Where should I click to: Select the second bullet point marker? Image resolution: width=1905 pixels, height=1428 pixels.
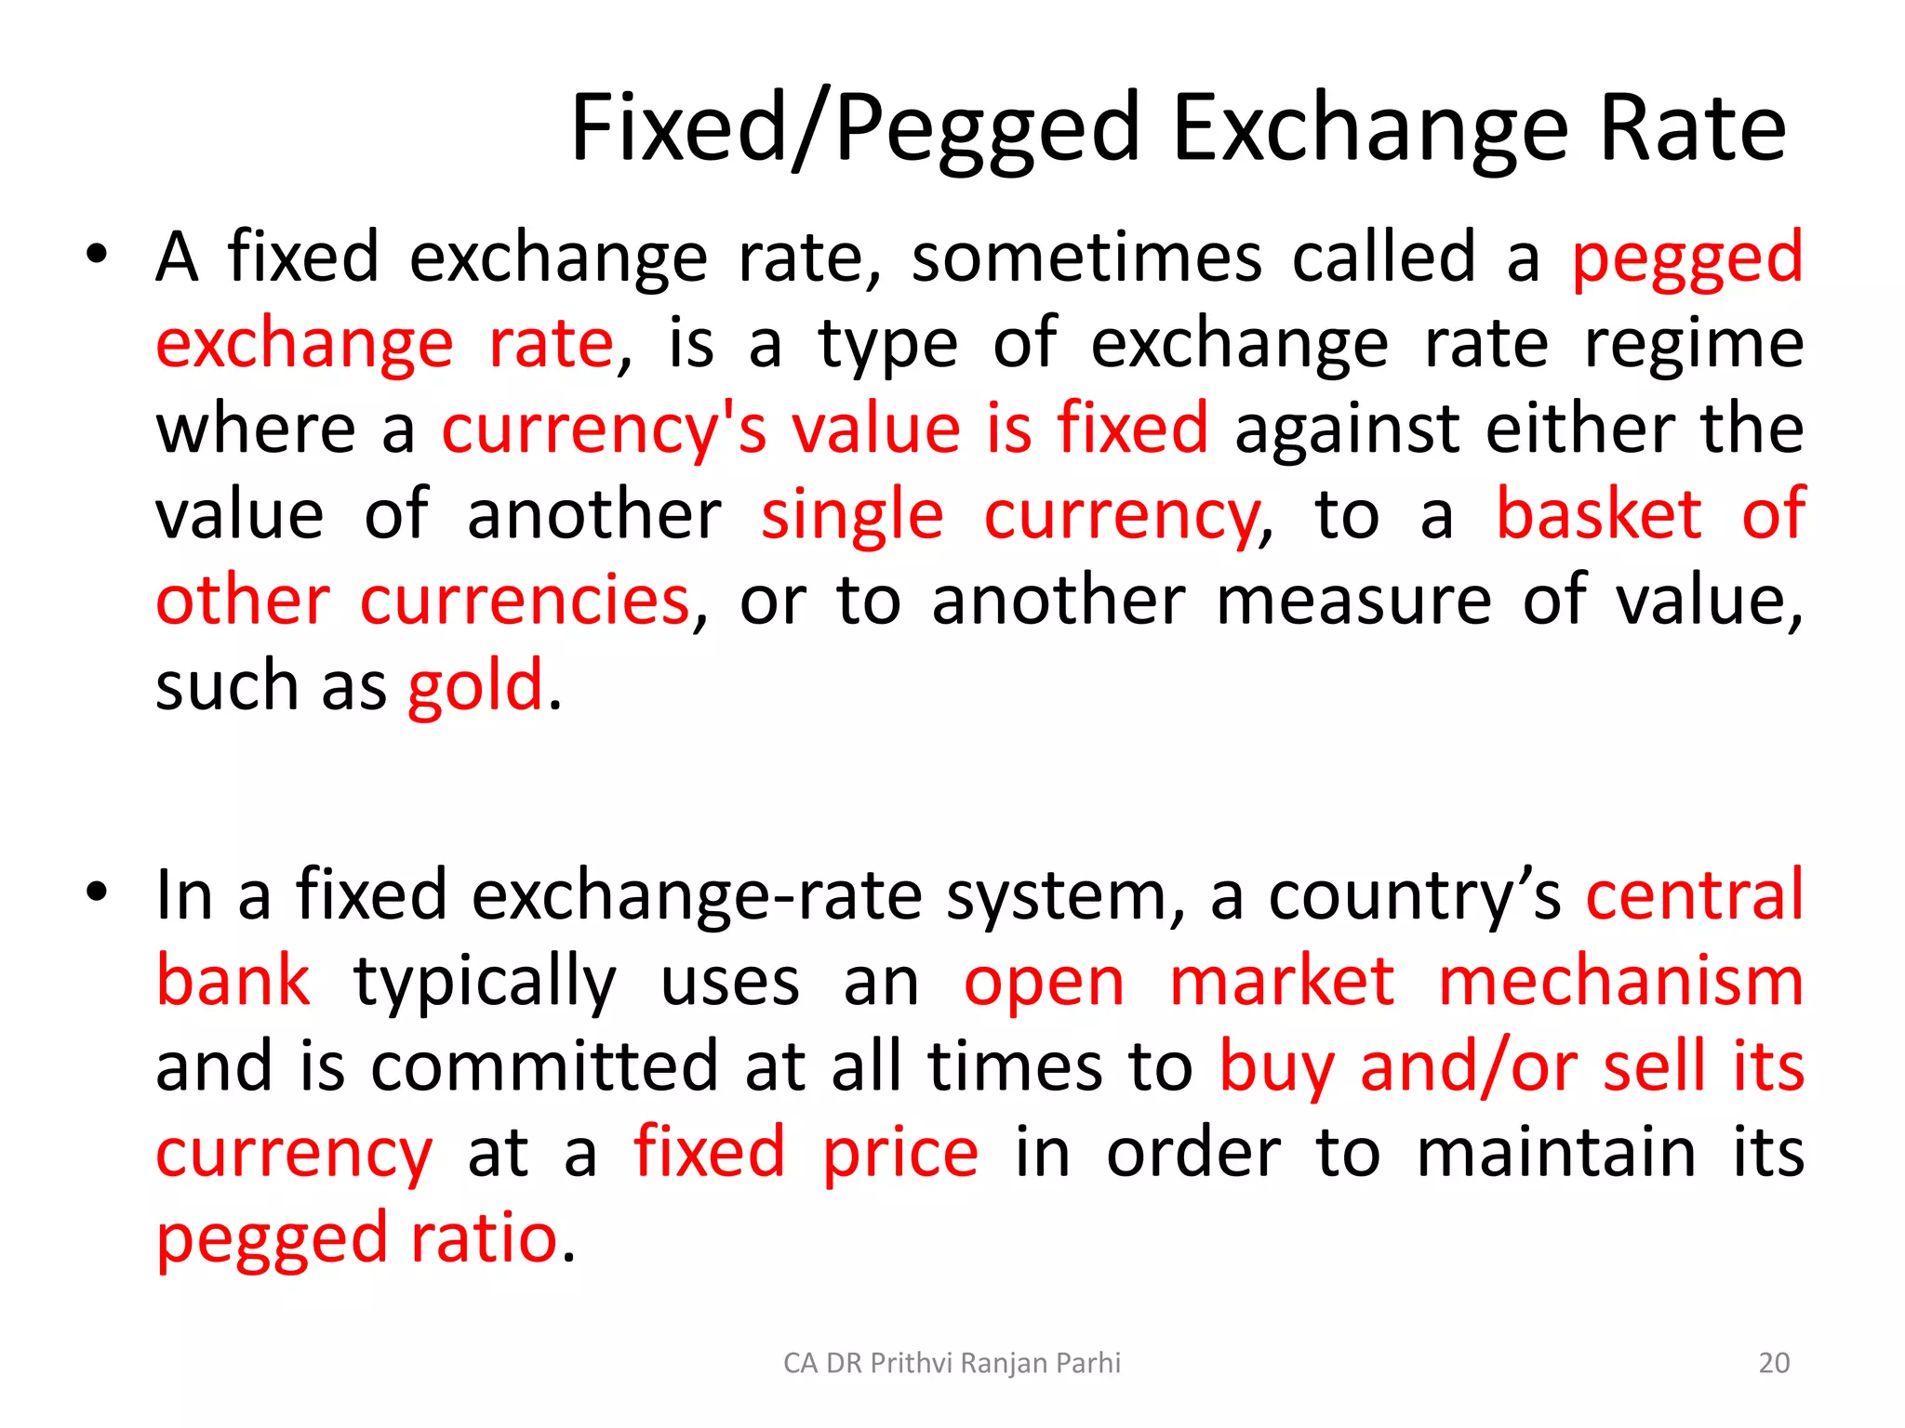click(x=97, y=892)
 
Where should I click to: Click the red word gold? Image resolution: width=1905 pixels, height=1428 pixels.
click(x=475, y=686)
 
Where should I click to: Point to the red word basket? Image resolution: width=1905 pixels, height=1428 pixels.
click(x=1599, y=514)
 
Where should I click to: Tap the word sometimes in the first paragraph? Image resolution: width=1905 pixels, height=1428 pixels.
click(x=1086, y=257)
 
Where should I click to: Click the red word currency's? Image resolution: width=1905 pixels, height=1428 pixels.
click(x=604, y=430)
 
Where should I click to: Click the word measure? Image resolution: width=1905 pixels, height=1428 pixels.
click(x=1353, y=601)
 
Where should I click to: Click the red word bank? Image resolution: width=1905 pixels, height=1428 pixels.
click(x=233, y=981)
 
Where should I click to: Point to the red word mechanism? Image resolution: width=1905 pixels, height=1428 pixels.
click(x=1620, y=981)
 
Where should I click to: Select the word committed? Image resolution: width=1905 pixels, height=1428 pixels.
click(x=544, y=1066)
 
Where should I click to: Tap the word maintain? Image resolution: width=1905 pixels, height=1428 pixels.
click(x=1556, y=1153)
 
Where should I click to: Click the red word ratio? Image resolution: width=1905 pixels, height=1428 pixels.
click(x=484, y=1238)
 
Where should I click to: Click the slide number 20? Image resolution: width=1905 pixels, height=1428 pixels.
click(x=1774, y=1363)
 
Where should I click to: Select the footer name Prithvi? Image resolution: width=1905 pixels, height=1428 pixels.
click(x=912, y=1363)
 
